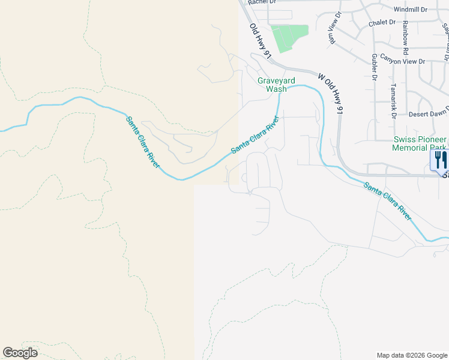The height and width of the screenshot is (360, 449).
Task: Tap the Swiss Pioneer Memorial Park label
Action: [420, 143]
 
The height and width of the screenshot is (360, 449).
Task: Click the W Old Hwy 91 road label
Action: [331, 94]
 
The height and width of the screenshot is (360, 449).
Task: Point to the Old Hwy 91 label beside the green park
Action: [261, 41]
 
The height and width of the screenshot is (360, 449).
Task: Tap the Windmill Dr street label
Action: [411, 10]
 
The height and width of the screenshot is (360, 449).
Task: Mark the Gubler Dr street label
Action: [374, 67]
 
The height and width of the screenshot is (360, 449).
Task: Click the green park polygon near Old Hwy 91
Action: [289, 38]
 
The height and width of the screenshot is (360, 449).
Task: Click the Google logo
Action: [20, 353]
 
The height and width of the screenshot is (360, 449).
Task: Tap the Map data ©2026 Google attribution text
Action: [412, 355]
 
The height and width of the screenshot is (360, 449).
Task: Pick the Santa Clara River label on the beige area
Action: [143, 142]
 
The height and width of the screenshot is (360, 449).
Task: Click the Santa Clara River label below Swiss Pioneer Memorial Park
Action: [388, 201]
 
